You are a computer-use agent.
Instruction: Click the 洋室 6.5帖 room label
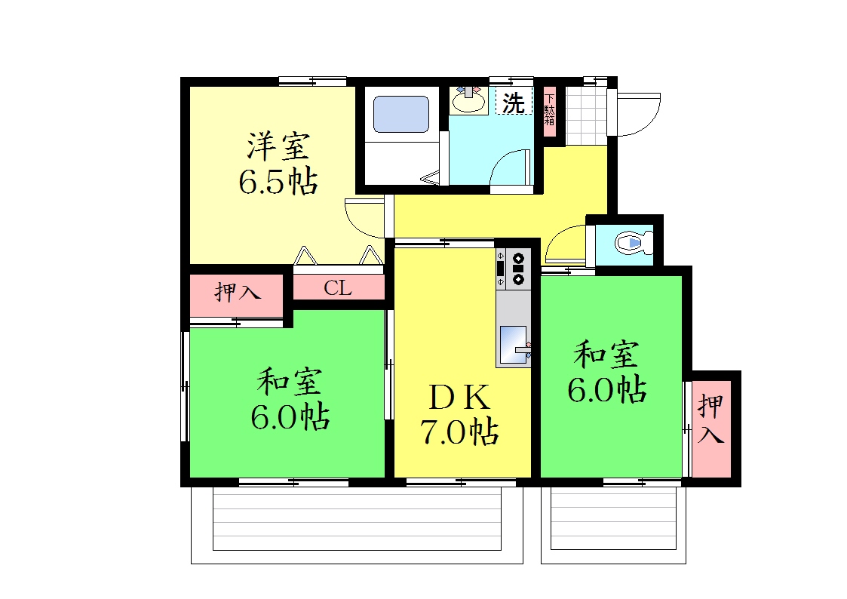point(278,163)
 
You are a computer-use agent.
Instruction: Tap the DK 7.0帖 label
point(459,415)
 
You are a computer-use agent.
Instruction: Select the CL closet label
point(338,288)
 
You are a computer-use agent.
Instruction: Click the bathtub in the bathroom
point(400,115)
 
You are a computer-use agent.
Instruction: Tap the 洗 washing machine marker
point(514,102)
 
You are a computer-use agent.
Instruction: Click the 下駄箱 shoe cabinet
point(549,111)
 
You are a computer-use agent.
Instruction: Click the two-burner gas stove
point(514,269)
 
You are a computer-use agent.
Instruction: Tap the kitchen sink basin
point(513,345)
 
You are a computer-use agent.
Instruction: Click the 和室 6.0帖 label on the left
point(290,399)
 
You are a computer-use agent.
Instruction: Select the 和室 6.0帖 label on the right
point(606,372)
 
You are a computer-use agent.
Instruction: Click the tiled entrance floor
point(586,115)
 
